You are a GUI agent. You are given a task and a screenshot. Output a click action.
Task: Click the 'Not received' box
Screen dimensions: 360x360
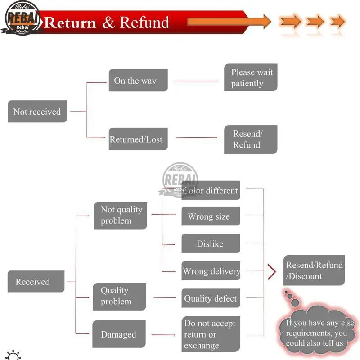37,112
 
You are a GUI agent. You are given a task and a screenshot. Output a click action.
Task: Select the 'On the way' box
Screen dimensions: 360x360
138,81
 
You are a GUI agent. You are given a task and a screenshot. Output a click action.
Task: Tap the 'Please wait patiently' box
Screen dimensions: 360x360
251,77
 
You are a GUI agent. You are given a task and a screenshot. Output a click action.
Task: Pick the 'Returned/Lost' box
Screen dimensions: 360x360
138,139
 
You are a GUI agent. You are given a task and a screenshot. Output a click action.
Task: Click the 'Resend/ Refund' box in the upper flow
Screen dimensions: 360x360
251,139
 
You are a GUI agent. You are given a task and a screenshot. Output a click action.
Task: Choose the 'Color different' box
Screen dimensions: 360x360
211,190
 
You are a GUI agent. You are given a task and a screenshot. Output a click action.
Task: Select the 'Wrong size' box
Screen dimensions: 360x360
211,216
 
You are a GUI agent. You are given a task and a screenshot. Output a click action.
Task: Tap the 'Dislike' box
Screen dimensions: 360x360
211,243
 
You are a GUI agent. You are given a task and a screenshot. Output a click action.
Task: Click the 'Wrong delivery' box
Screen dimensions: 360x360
211,271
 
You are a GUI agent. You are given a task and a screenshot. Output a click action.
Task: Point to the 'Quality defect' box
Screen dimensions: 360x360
211,298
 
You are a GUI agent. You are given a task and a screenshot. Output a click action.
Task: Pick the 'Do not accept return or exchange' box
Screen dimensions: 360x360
211,334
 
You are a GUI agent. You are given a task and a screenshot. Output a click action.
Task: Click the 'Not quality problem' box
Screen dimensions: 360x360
120,216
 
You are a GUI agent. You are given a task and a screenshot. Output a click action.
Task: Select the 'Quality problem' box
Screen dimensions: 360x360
119,296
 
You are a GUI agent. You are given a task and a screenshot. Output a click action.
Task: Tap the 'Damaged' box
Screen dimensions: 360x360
119,334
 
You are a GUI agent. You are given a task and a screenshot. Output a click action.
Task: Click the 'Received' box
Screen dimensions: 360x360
36,282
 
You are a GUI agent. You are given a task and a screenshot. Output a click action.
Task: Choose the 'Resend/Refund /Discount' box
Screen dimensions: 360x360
314,270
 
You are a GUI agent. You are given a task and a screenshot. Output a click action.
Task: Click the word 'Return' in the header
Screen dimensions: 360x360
70,22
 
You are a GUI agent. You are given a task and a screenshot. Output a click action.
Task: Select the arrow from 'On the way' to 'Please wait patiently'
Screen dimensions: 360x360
196,81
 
